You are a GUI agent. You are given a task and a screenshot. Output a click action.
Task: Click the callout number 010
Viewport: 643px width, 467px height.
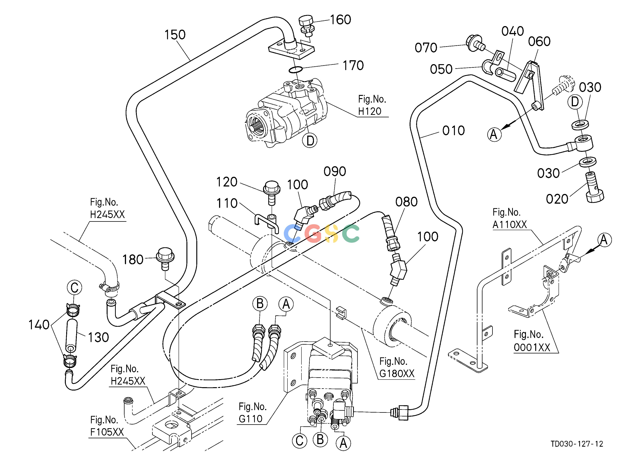(x=453, y=131)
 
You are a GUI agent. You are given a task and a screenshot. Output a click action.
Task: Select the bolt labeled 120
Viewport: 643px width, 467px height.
(x=272, y=192)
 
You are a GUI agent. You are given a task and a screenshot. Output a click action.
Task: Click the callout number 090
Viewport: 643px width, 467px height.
(x=335, y=172)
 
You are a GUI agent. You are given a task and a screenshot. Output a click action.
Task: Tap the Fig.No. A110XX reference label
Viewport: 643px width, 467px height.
(x=510, y=218)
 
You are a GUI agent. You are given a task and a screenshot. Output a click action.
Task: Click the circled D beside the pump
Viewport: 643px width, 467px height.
(x=310, y=140)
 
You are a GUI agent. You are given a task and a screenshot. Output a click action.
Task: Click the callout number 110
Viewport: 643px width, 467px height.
(x=227, y=203)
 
